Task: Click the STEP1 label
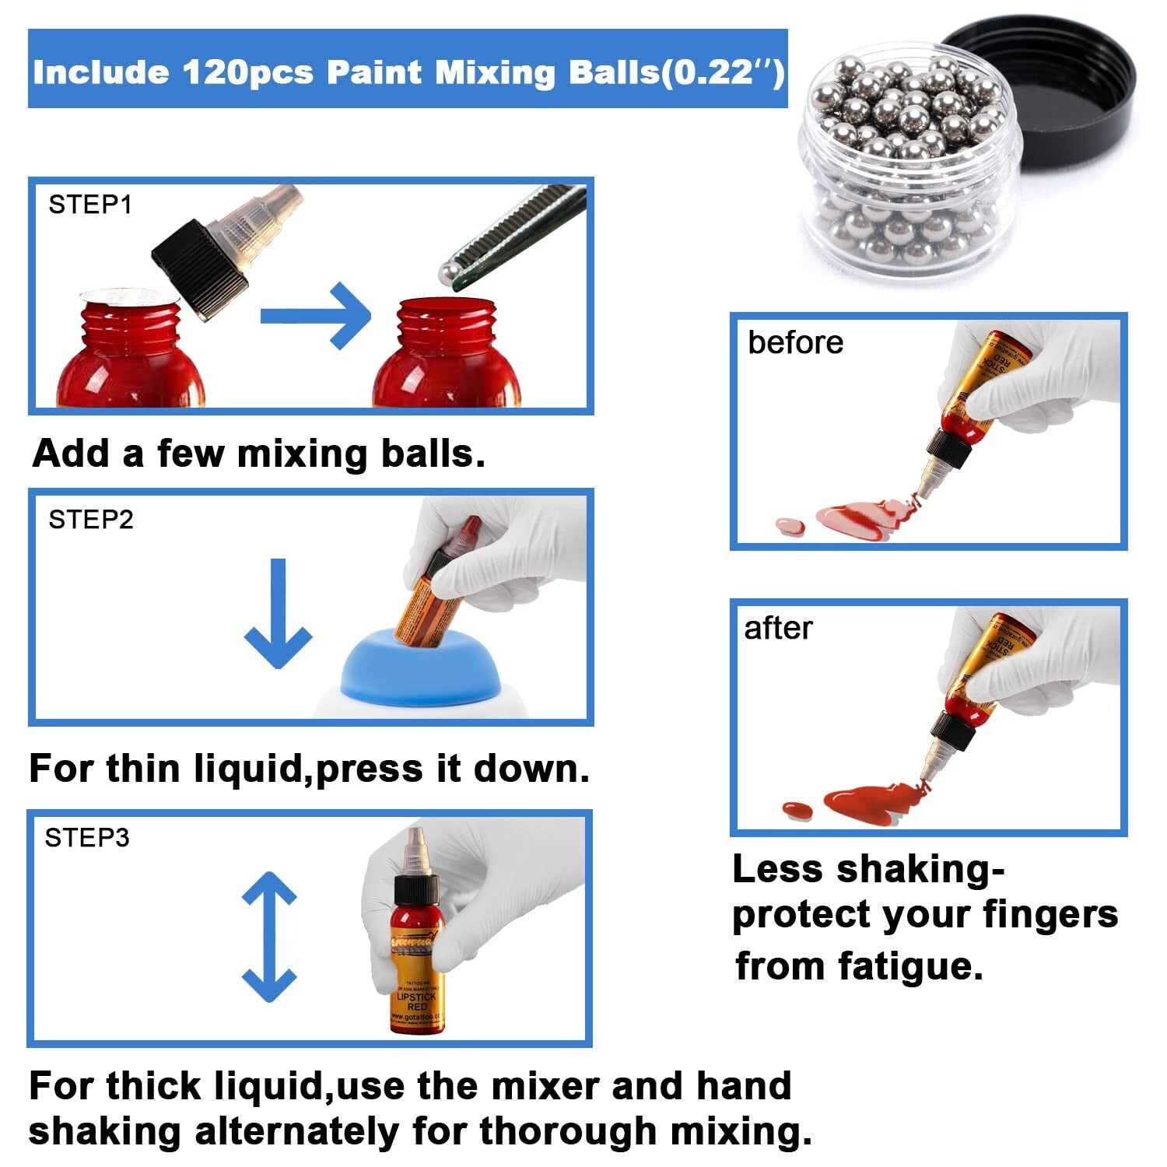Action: pos(90,205)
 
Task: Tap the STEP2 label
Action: pos(91,519)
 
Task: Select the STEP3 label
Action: pos(87,838)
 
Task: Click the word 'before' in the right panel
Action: pos(795,343)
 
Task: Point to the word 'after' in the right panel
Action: pos(778,629)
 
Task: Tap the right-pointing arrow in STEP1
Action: pos(315,316)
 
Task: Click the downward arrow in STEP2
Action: pos(278,615)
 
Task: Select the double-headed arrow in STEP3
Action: pos(269,937)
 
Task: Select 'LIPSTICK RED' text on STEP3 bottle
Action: pos(417,1001)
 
